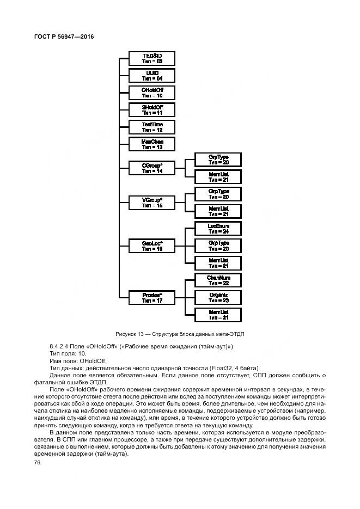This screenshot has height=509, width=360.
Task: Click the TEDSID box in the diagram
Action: coord(152,58)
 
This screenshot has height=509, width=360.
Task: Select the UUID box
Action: coord(152,75)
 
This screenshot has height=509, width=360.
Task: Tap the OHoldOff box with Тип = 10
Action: coord(152,93)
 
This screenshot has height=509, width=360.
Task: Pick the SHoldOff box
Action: coord(152,110)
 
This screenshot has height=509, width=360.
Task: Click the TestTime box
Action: coord(152,127)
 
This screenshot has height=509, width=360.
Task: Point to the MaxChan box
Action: coord(152,144)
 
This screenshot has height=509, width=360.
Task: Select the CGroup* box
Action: coord(152,168)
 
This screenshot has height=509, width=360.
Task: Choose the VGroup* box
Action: coord(152,203)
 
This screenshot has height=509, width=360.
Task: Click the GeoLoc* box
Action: coord(152,246)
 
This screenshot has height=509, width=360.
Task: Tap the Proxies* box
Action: coord(152,297)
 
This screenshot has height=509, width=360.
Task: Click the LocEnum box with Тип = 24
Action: coord(218,229)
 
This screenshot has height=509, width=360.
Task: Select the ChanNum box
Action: coord(218,280)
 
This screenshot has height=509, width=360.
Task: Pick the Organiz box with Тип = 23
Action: coord(218,297)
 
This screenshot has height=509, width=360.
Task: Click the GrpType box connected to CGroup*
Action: coord(218,160)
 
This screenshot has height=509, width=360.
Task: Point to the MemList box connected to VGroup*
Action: coord(218,211)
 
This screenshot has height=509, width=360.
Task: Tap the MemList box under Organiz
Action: coord(218,315)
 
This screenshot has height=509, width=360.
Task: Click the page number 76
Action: coord(38,462)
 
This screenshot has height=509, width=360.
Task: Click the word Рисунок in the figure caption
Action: coord(126,333)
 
